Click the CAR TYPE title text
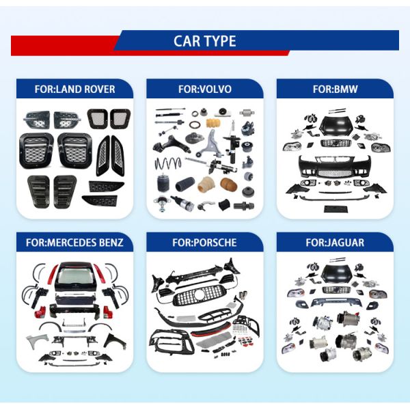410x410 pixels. [x=205, y=41]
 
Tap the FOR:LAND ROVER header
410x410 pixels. [x=74, y=89]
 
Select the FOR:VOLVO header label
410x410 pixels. [x=205, y=89]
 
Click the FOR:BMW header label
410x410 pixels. [x=335, y=89]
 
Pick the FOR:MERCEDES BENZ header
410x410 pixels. [x=74, y=243]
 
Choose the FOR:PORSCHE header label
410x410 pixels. [x=205, y=243]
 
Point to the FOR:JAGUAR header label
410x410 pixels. [x=335, y=243]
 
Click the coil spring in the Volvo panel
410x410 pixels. [x=168, y=164]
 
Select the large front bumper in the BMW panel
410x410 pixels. [x=335, y=166]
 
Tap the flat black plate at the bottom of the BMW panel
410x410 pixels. [x=336, y=209]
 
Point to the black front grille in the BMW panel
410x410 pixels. [x=336, y=143]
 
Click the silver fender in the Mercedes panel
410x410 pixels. [x=37, y=340]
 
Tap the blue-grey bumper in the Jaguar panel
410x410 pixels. [x=336, y=302]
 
